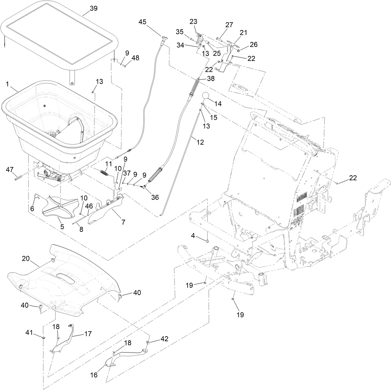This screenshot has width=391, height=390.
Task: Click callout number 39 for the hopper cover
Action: coord(94,9)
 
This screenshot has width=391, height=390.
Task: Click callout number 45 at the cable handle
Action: coord(143,22)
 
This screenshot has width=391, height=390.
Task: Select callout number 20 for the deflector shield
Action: coord(26,258)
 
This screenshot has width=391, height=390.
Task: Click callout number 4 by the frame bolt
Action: coord(193,236)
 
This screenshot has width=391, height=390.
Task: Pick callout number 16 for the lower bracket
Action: coord(94,375)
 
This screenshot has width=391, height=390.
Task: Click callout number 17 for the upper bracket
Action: coord(88,334)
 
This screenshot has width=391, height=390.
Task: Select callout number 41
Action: coord(29,333)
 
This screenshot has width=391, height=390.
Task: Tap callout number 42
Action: coord(164,339)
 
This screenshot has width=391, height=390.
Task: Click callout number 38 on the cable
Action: coord(211,79)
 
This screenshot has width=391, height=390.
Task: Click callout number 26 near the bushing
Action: coord(254,45)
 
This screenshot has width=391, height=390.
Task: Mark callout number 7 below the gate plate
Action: coord(123,222)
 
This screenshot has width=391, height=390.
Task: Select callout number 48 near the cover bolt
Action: coord(136,58)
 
